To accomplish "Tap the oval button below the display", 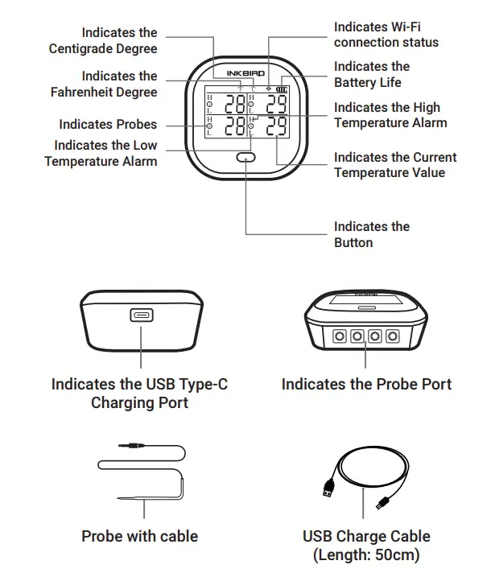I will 246,159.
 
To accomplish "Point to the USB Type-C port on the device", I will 140,315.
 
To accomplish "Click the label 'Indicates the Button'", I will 371,234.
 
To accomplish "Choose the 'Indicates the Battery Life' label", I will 372,74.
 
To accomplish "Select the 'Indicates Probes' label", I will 108,125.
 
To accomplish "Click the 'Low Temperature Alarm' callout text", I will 101,154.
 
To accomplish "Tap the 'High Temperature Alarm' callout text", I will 390,115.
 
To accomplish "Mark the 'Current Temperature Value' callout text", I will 394,165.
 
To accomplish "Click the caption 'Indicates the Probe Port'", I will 366,384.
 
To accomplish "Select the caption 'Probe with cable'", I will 139,535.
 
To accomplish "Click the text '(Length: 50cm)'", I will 366,554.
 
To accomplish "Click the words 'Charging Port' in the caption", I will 139,402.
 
